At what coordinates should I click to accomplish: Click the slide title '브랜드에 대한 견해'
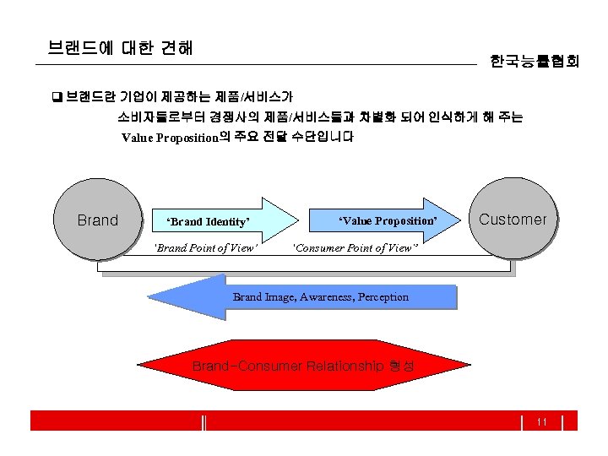pyautogui.click(x=121, y=48)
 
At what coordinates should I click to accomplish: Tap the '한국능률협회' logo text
pyautogui.click(x=535, y=61)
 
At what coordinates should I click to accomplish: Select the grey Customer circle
pyautogui.click(x=513, y=219)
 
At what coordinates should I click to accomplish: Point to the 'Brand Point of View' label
pyautogui.click(x=205, y=248)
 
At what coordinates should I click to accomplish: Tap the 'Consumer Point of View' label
pyautogui.click(x=355, y=248)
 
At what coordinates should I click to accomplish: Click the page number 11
pyautogui.click(x=542, y=421)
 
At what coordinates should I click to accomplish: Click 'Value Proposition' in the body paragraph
pyautogui.click(x=170, y=137)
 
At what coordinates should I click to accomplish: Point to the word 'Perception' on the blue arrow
pyautogui.click(x=383, y=297)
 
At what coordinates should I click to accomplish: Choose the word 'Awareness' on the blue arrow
pyautogui.click(x=323, y=297)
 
